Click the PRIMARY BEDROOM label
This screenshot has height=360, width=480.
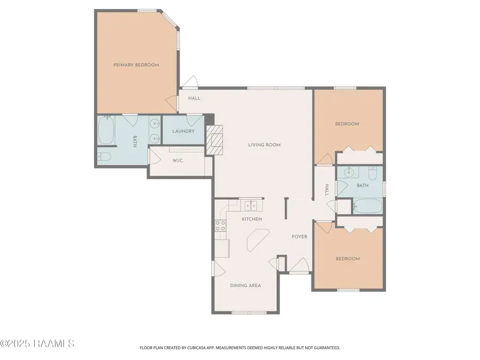(136, 65)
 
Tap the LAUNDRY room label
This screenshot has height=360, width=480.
(183, 131)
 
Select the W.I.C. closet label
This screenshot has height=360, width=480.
(178, 161)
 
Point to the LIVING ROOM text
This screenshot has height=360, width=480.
(264, 145)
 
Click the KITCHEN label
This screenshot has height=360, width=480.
(252, 219)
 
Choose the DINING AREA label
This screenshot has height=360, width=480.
(245, 286)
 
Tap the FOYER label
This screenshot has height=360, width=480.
(299, 236)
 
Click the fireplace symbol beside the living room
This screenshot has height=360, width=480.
(215, 139)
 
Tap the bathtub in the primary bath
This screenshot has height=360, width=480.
(106, 131)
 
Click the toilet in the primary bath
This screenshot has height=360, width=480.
(104, 156)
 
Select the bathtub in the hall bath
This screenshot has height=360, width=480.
(367, 206)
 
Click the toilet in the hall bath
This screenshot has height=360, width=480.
(373, 174)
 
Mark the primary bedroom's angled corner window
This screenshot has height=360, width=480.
(170, 19)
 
